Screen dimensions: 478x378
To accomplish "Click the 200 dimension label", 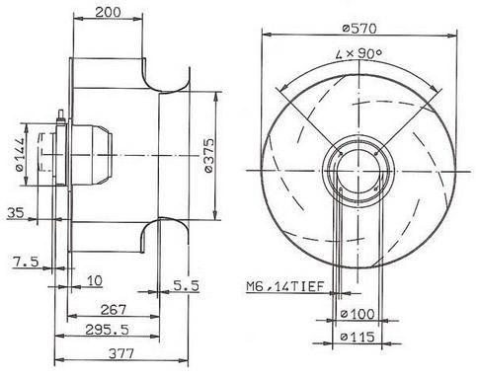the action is tap(108, 12).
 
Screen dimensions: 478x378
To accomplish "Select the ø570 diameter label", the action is tap(358, 29).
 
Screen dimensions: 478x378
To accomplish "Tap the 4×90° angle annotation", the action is tap(358, 53).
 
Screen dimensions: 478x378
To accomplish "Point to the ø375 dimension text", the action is tap(209, 155).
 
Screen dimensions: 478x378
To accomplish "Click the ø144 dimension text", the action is tap(20, 154).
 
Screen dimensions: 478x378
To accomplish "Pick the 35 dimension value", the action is tap(16, 213).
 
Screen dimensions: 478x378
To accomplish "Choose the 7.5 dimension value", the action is tap(26, 262).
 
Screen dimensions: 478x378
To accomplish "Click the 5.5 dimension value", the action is tap(187, 285).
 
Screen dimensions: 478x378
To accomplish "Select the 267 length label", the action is tap(113, 310).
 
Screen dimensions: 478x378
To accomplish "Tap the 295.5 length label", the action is tap(107, 330).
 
